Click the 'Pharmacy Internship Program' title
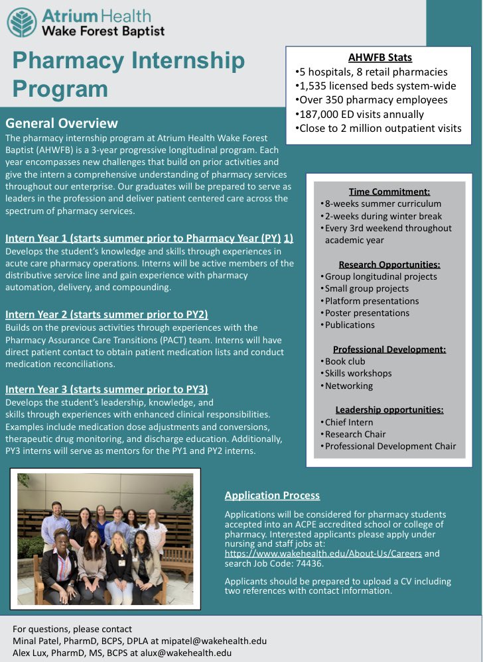pyautogui.click(x=129, y=74)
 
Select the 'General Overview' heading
pyautogui.click(x=62, y=123)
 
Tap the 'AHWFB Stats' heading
pyautogui.click(x=380, y=58)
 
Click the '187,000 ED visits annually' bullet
pyautogui.click(x=361, y=114)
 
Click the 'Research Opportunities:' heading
pyautogui.click(x=389, y=264)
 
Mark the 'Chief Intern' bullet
pyautogui.click(x=348, y=422)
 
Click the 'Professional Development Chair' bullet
pyautogui.click(x=389, y=446)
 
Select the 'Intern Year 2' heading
pyautogui.click(x=106, y=314)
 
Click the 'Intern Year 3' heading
pyautogui.click(x=106, y=389)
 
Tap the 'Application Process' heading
pyautogui.click(x=272, y=495)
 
